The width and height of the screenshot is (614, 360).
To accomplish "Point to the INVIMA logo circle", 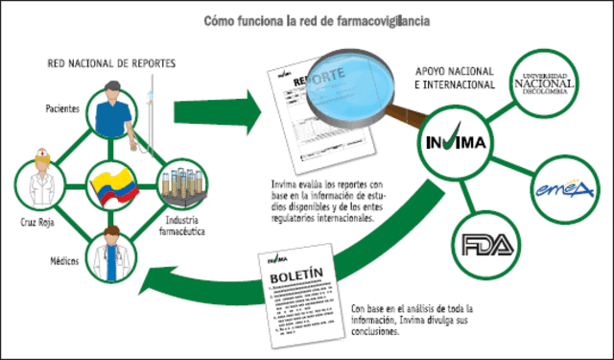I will click(457, 145).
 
